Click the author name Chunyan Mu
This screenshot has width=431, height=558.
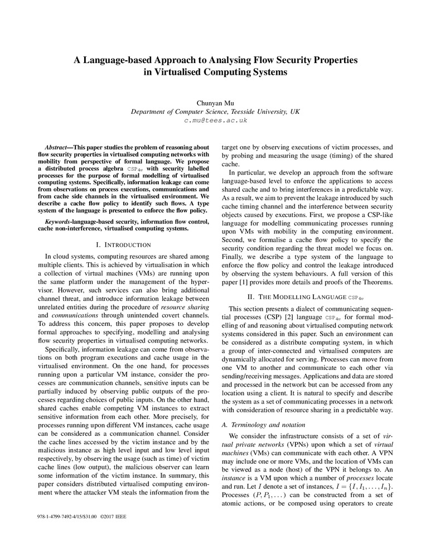[x=215, y=103]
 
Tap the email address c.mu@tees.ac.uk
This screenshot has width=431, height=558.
[x=215, y=120]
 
